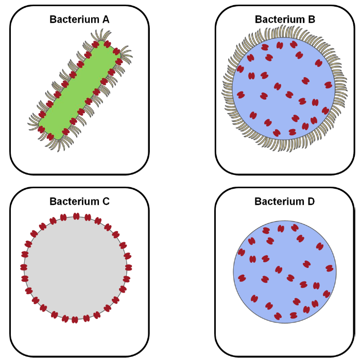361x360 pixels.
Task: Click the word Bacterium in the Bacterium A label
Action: tap(72, 20)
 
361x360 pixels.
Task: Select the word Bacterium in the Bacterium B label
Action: tap(277, 20)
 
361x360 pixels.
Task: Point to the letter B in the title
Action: tap(311, 20)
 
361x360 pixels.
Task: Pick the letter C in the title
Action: tap(106, 201)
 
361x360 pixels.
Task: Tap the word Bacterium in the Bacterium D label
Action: tap(277, 201)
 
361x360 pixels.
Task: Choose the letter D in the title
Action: tap(311, 201)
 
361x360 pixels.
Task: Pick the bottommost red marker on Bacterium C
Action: tap(75, 319)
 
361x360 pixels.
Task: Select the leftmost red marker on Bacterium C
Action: tap(24, 267)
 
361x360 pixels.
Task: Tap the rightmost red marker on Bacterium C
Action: tap(128, 267)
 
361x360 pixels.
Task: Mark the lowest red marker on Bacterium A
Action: tap(51, 135)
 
